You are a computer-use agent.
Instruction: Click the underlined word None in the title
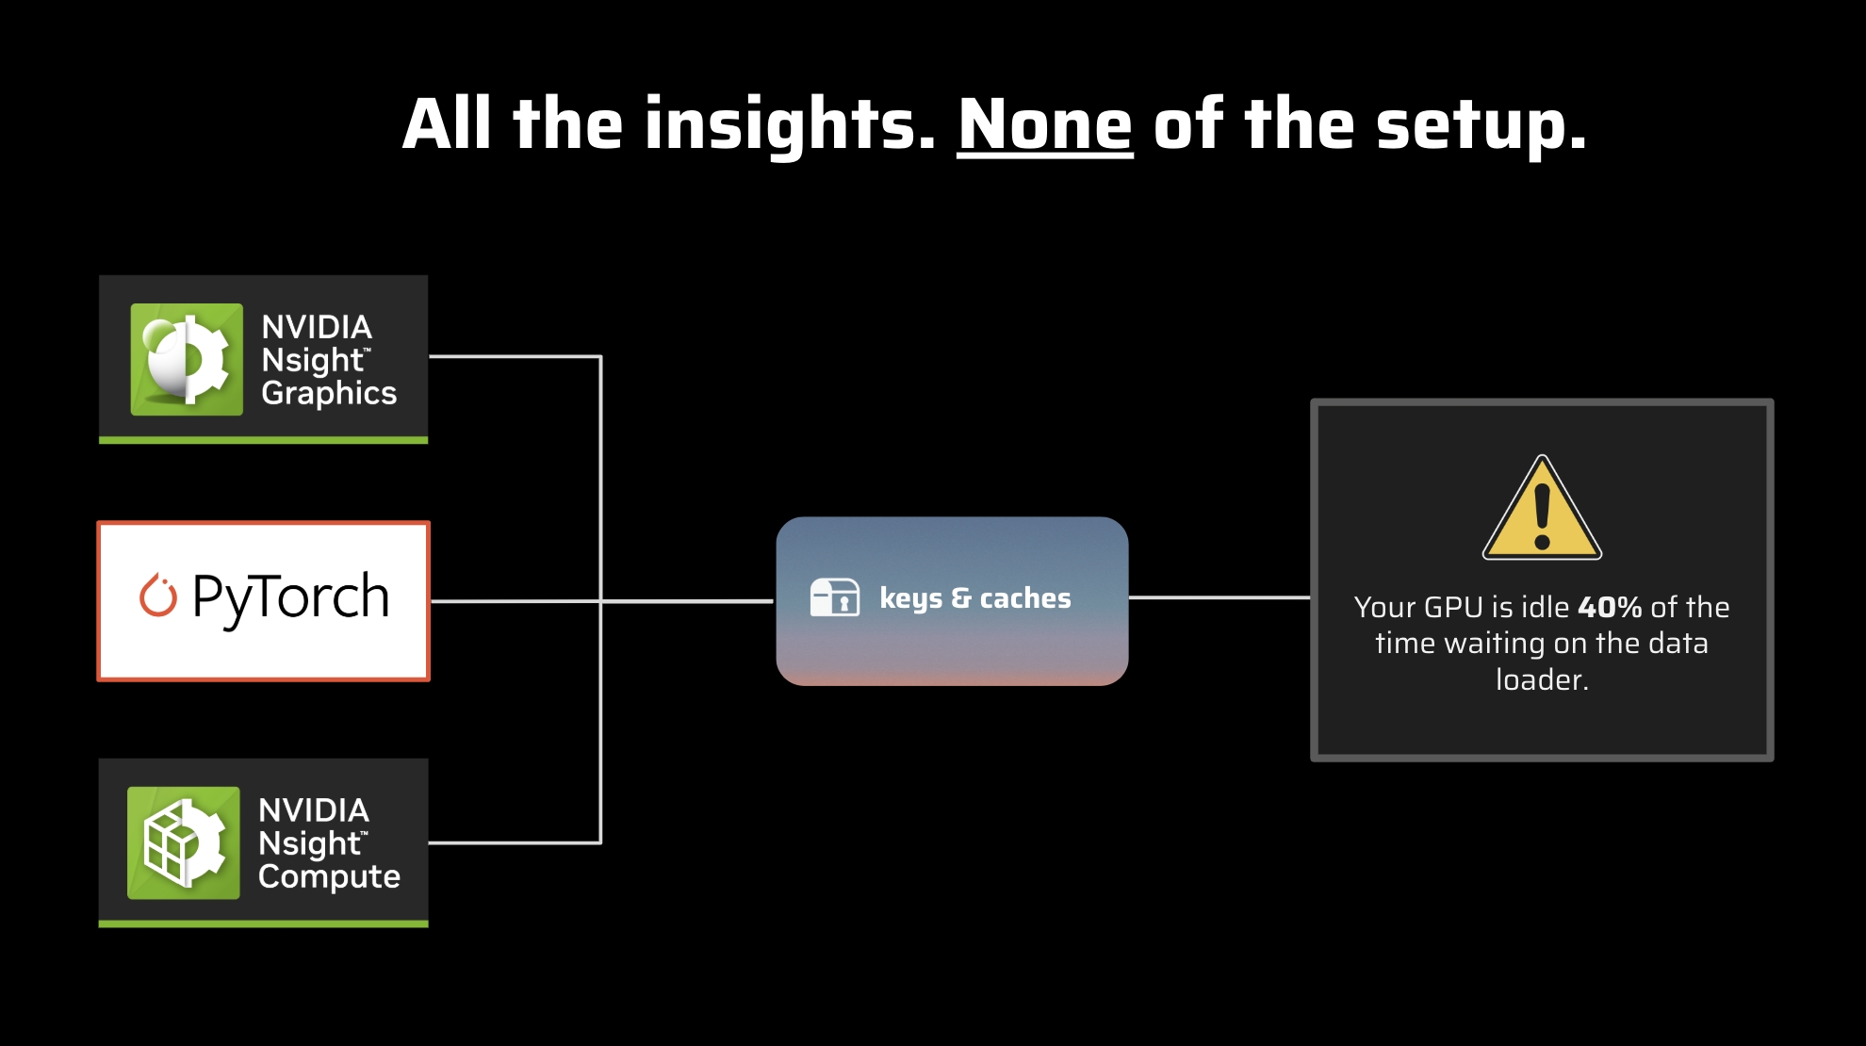pos(1044,125)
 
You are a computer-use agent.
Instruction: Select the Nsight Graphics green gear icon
pos(187,359)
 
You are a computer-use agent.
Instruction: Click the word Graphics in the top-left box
pos(329,393)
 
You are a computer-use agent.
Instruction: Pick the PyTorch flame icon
pos(158,596)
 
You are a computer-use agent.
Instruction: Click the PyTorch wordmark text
pos(290,597)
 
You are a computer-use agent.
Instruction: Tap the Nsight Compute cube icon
pos(184,842)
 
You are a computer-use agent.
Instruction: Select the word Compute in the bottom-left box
pos(329,876)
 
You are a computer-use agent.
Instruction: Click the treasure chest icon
pos(835,597)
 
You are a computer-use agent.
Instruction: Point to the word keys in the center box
pos(910,598)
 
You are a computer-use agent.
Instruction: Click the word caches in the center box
pos(1025,598)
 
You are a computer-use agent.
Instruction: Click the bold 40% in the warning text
pos(1610,607)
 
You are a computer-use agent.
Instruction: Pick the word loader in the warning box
pos(1541,679)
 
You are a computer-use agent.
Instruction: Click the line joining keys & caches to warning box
pos(1219,597)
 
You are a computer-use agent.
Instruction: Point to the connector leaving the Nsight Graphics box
pos(514,356)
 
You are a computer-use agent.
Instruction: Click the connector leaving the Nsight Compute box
pos(514,842)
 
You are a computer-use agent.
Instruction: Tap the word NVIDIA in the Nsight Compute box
pos(314,810)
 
